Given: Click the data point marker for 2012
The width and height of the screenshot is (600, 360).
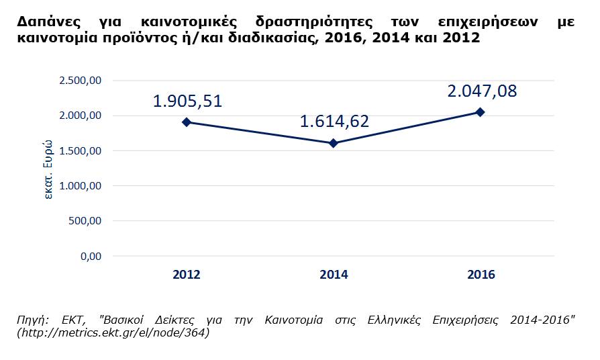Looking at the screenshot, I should (187, 122).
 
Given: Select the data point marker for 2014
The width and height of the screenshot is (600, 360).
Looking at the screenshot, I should (334, 143).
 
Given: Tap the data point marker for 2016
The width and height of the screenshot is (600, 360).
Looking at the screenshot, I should (481, 112).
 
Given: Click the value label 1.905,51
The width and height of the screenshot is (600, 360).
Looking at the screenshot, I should (187, 101).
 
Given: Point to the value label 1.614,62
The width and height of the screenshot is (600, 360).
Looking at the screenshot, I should (334, 122).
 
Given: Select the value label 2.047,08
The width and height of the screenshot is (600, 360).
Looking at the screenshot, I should (483, 91).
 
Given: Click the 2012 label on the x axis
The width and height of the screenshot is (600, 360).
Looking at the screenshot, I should (187, 274).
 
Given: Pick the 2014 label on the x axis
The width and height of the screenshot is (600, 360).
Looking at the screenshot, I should (334, 274).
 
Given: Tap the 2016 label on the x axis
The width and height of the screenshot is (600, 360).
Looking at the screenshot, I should (481, 274).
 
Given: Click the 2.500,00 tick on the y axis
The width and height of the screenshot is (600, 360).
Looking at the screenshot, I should (80, 81).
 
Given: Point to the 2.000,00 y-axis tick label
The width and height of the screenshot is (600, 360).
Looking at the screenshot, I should (80, 116).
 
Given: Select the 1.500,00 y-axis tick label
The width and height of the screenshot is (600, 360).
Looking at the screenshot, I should (80, 150).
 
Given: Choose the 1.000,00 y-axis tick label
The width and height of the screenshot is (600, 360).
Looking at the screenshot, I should (80, 185).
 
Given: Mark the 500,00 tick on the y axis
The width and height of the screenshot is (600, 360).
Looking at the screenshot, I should (85, 220).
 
